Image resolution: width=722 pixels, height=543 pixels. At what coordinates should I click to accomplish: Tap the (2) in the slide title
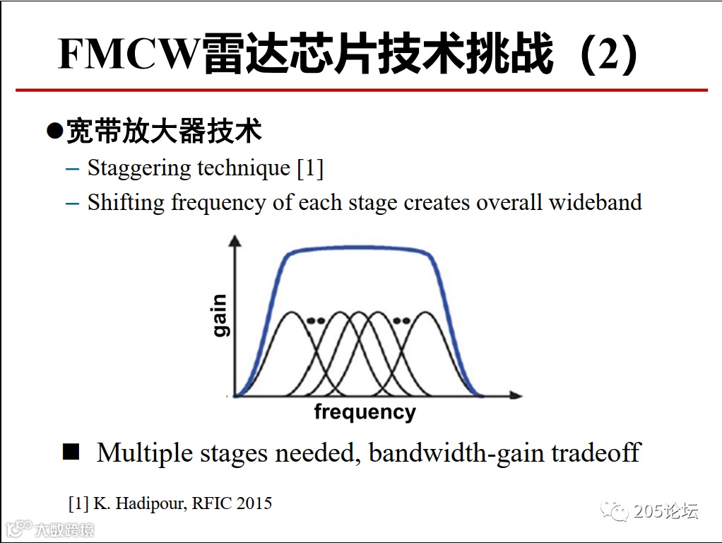coord(607,54)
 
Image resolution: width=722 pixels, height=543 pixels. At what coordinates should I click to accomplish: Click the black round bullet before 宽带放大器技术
coord(54,132)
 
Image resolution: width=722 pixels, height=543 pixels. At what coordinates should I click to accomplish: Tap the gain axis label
coord(220,316)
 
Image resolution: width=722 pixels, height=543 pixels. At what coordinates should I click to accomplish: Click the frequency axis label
coord(365,412)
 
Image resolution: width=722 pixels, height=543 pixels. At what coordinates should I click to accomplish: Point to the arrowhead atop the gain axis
coord(235,241)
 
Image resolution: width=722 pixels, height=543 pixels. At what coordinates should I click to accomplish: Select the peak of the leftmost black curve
coord(290,312)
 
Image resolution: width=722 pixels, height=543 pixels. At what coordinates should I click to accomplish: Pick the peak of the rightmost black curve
coord(427,312)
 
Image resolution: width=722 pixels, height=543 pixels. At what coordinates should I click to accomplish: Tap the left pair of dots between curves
coord(316,320)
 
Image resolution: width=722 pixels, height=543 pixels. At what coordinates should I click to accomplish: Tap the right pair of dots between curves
coord(401,320)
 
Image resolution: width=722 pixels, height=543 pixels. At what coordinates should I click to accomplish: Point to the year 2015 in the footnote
coord(254,503)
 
